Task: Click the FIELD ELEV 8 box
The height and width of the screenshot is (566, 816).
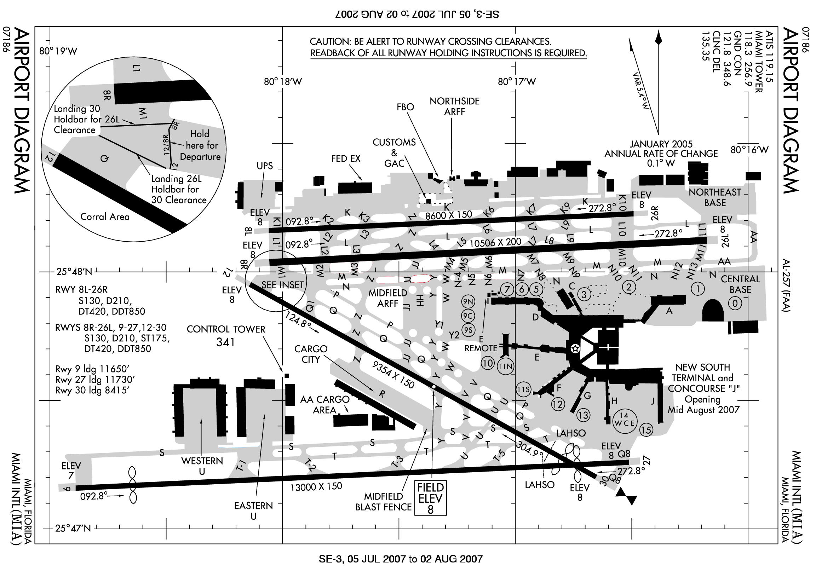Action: click(x=430, y=498)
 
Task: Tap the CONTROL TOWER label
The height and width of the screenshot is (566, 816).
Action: click(x=226, y=329)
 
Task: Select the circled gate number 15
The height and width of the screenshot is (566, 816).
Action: click(x=646, y=430)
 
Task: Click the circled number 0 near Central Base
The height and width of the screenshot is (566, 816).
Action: click(x=735, y=303)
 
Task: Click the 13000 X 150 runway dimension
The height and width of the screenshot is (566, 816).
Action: click(x=316, y=486)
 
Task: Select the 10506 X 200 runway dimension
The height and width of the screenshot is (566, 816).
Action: click(x=495, y=243)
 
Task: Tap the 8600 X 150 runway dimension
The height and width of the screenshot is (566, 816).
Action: click(x=448, y=215)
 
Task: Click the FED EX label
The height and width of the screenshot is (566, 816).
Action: click(x=346, y=158)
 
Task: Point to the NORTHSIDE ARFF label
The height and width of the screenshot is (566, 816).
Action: click(x=454, y=106)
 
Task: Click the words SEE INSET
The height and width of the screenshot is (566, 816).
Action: click(x=282, y=285)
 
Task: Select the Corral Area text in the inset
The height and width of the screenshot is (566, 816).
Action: click(x=105, y=217)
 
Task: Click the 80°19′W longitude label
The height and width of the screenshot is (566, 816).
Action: click(x=58, y=51)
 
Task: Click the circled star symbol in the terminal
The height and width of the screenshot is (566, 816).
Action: click(x=575, y=348)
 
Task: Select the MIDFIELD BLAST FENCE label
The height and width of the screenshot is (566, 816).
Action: click(x=383, y=502)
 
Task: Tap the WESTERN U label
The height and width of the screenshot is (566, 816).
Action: click(x=202, y=466)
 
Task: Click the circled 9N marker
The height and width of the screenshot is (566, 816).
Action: click(x=468, y=302)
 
